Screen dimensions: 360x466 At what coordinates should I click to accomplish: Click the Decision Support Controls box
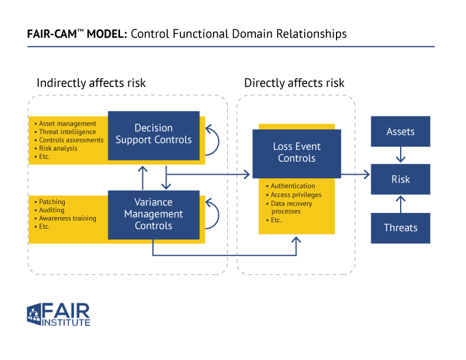pyautogui.click(x=154, y=135)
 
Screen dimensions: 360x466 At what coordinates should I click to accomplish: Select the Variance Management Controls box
pyautogui.click(x=154, y=215)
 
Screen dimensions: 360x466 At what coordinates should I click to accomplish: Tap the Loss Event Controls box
pyautogui.click(x=297, y=154)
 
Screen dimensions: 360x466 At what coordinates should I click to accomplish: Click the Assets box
pyautogui.click(x=400, y=132)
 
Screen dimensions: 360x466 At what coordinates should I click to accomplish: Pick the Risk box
pyautogui.click(x=400, y=179)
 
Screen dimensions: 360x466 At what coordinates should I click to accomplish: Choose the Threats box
pyautogui.click(x=400, y=228)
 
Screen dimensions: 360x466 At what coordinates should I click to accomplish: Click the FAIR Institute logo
pyautogui.click(x=58, y=315)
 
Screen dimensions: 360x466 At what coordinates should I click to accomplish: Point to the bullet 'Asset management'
pyautogui.click(x=67, y=124)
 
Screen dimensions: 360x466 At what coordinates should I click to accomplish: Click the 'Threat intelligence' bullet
pyautogui.click(x=67, y=132)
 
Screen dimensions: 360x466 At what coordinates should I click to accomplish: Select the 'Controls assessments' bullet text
pyautogui.click(x=71, y=141)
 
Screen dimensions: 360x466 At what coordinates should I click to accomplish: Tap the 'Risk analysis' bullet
pyautogui.click(x=58, y=149)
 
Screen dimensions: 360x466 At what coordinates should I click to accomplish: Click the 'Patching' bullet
pyautogui.click(x=52, y=202)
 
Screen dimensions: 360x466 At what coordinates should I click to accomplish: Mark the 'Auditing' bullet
pyautogui.click(x=52, y=211)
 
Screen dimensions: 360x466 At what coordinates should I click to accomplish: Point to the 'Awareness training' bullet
pyautogui.click(x=67, y=219)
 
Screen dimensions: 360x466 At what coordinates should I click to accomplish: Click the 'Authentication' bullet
pyautogui.click(x=292, y=186)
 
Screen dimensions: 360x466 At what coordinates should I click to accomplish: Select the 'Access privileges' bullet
pyautogui.click(x=296, y=195)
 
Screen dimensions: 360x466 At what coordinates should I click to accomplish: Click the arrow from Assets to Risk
pyautogui.click(x=401, y=155)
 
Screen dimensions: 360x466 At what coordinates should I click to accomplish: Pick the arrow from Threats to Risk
pyautogui.click(x=401, y=204)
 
